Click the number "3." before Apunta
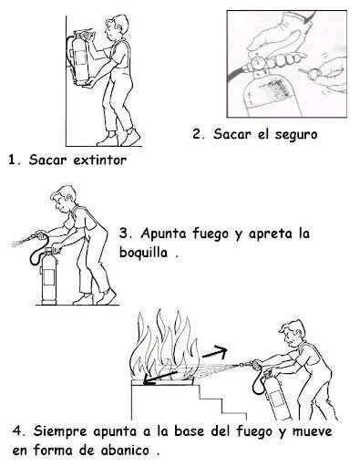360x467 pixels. pyautogui.click(x=125, y=233)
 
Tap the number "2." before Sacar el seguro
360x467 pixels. pyautogui.click(x=200, y=134)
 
